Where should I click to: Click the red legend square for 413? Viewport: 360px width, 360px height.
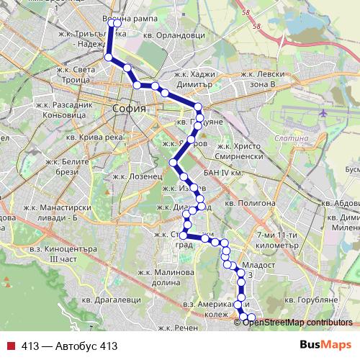click(x=10, y=346)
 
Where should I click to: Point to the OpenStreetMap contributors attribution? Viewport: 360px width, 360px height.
click(x=297, y=322)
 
